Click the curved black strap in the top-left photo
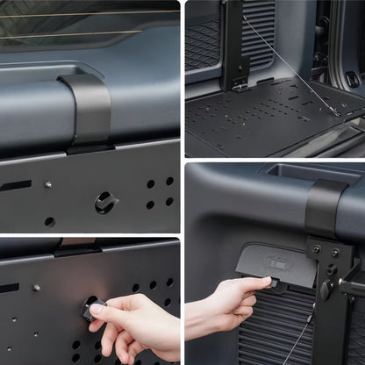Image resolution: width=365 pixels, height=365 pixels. point(88,111)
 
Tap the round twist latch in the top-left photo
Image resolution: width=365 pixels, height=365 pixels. point(105,202)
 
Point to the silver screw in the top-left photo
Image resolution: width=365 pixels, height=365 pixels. point(48,184)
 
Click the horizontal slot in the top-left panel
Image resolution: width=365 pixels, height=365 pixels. point(15,186)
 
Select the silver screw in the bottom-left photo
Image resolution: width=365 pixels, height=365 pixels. point(36,287)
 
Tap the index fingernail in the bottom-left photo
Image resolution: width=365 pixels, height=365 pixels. point(97,311)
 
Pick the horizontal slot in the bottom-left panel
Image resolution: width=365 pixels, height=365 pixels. point(9,288)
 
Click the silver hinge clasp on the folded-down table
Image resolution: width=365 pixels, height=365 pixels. point(240,83)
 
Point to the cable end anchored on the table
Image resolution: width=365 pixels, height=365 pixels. point(334,111)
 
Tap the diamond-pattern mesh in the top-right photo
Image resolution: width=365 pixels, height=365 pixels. point(202,44)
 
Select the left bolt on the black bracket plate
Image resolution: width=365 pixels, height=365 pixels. point(317,251)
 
